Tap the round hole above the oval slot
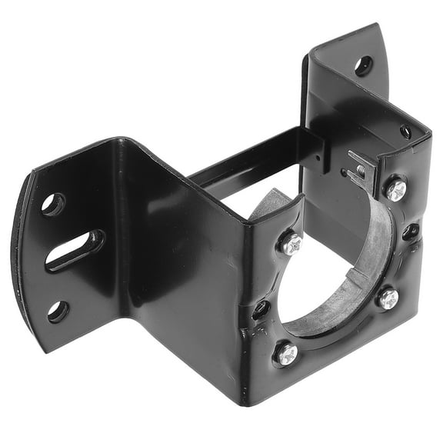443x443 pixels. (53, 204)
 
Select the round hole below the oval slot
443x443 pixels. (58, 311)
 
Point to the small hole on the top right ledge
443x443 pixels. (405, 132)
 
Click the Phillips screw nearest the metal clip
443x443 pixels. (396, 189)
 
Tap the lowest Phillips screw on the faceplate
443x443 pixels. (285, 354)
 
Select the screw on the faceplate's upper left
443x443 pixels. (291, 244)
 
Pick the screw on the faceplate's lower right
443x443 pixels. (388, 298)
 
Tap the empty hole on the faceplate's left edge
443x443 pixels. (261, 310)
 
